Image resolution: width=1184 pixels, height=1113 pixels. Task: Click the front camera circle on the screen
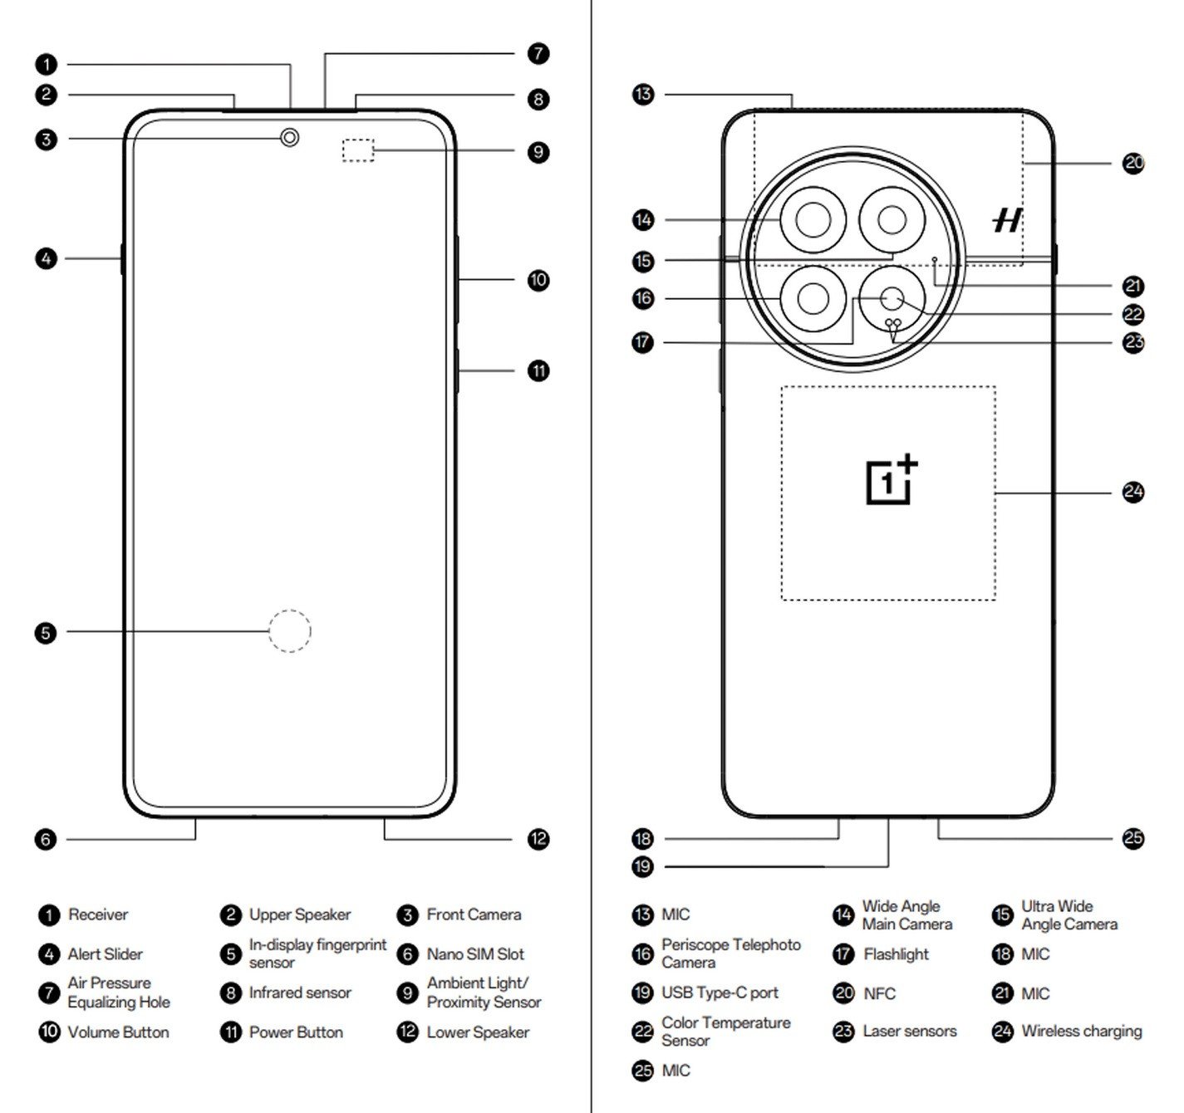pos(289,137)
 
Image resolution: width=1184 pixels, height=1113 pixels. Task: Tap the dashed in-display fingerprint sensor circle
pos(289,631)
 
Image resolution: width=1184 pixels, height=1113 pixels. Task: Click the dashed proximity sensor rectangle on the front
pos(358,150)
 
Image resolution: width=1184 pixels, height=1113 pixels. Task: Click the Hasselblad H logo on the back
pos(1007,220)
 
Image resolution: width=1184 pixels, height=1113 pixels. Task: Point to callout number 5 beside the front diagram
pos(47,633)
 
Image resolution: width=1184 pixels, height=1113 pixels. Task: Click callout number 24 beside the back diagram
pos(1133,493)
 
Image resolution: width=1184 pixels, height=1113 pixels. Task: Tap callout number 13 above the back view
pos(643,94)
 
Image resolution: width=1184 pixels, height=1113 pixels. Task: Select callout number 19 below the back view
pos(643,867)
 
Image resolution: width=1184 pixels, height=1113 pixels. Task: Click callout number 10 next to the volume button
pos(538,280)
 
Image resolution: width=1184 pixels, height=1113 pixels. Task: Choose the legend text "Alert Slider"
pos(106,954)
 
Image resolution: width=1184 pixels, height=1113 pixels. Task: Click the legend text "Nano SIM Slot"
pos(475,954)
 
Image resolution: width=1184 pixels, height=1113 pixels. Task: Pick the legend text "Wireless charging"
pos(1081,1032)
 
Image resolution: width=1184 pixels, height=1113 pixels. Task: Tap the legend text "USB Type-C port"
pos(720,993)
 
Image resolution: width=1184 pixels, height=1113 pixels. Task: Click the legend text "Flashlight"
pos(896,954)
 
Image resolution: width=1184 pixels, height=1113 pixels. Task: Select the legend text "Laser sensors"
pos(909,1032)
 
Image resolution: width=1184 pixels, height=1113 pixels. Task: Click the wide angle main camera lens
pos(813,221)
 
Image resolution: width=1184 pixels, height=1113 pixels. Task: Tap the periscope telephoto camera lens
pos(813,298)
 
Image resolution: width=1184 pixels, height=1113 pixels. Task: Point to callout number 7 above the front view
pos(538,54)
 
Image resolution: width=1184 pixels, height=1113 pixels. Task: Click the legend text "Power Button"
pos(296,1032)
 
